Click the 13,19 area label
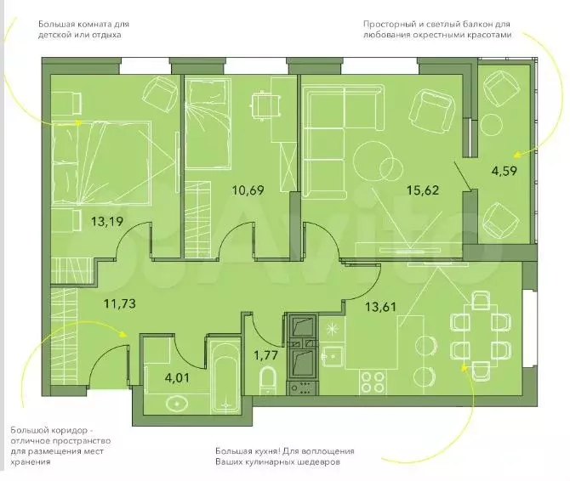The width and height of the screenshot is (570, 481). pyautogui.click(x=107, y=221)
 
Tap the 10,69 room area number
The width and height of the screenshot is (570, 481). pyautogui.click(x=248, y=190)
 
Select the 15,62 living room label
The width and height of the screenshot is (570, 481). pyautogui.click(x=423, y=190)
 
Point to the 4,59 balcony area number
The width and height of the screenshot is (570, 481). pyautogui.click(x=504, y=171)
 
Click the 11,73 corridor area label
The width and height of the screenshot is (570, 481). pyautogui.click(x=120, y=303)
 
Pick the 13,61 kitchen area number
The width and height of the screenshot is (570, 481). pyautogui.click(x=380, y=307)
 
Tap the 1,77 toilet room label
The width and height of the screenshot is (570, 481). pyautogui.click(x=266, y=355)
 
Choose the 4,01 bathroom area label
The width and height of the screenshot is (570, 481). pyautogui.click(x=177, y=378)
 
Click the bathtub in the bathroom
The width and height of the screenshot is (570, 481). pyautogui.click(x=225, y=376)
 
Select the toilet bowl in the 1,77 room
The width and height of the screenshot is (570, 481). pyautogui.click(x=268, y=381)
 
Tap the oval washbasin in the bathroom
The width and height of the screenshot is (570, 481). pyautogui.click(x=177, y=403)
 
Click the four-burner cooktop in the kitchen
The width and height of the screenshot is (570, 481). pyautogui.click(x=373, y=382)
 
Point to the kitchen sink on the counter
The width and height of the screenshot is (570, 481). pyautogui.click(x=333, y=356)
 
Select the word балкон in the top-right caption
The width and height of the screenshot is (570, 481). pyautogui.click(x=478, y=25)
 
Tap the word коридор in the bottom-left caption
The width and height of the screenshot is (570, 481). pyautogui.click(x=67, y=431)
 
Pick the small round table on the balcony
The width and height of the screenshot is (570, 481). pyautogui.click(x=491, y=125)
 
